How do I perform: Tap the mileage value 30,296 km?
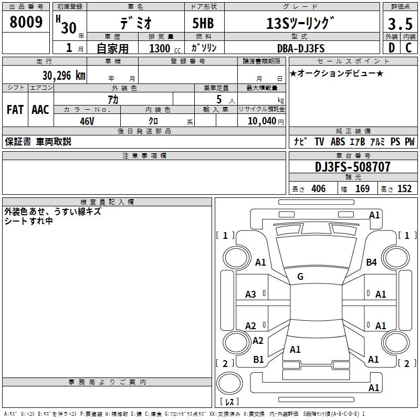click(50, 75)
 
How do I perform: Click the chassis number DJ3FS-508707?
click(352, 167)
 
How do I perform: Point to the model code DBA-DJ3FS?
click(301, 48)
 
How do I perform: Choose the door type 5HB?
click(204, 23)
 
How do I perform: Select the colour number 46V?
click(87, 120)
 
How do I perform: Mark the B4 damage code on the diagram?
click(372, 262)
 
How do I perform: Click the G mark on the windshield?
click(300, 277)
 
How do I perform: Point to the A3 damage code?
click(251, 295)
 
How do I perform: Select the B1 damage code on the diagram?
click(259, 360)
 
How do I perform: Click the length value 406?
click(318, 189)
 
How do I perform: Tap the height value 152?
click(404, 189)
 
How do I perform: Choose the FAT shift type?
click(15, 110)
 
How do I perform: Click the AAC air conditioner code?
click(40, 110)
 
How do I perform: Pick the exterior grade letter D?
click(392, 48)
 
